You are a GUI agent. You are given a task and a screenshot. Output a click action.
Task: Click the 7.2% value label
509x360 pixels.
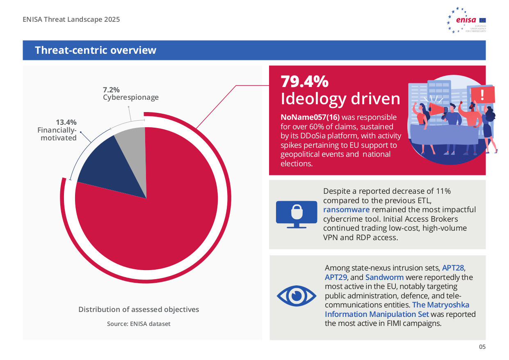point(111,89)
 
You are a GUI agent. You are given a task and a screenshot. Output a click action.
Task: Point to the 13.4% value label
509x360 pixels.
point(66,122)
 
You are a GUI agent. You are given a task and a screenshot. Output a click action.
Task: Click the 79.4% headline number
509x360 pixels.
point(304,81)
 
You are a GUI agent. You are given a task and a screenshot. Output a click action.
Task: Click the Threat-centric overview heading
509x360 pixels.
point(96,50)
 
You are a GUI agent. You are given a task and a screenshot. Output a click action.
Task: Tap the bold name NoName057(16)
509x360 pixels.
point(310,117)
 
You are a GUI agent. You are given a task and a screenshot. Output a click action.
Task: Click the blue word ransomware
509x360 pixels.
point(347,209)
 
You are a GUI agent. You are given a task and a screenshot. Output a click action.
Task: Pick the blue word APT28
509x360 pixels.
point(453,268)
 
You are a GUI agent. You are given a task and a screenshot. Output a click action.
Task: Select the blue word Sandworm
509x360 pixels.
point(384,277)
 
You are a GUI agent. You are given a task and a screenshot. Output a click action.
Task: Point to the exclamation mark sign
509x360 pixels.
point(482,95)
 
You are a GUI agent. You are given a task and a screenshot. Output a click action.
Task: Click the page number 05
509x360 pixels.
point(482,347)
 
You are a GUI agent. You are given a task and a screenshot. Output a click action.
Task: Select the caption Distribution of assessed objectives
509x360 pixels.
point(139,310)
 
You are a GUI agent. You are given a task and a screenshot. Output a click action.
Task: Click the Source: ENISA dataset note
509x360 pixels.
point(139,324)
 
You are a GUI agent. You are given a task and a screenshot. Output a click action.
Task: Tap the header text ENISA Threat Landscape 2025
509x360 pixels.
point(71,19)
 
